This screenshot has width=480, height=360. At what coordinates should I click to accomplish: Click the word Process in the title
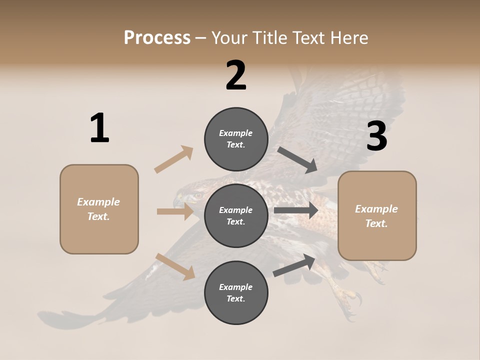[x=157, y=38]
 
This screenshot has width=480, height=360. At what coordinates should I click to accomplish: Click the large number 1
[x=99, y=128]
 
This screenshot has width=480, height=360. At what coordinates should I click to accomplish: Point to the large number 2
[x=236, y=75]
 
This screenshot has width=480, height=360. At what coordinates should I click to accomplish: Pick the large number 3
[x=376, y=136]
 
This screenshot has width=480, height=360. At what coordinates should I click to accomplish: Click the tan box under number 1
[x=99, y=209]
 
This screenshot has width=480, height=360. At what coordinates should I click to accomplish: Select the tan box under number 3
[x=377, y=216]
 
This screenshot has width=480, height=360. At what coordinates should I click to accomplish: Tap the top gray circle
[x=236, y=139]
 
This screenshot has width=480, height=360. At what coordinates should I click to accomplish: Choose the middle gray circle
[x=236, y=216]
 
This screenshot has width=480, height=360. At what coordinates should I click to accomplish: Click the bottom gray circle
[x=236, y=293]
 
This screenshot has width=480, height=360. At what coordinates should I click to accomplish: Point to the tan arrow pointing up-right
[x=174, y=159]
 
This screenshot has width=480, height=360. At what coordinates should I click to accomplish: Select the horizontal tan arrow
[x=175, y=211]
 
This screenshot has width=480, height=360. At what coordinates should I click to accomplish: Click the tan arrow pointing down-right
[x=175, y=266]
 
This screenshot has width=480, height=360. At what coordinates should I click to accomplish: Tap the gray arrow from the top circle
[x=297, y=160]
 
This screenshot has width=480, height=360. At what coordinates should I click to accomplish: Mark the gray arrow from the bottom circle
[x=294, y=265]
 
